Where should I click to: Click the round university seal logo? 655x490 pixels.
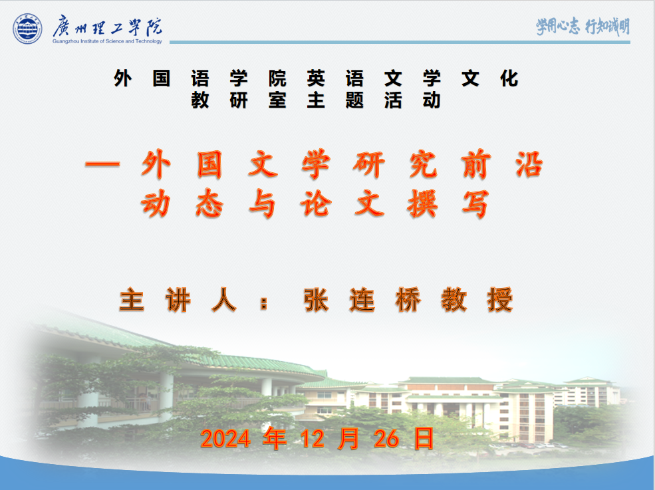click(x=27, y=29)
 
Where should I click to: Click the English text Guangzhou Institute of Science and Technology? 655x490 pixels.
click(x=107, y=41)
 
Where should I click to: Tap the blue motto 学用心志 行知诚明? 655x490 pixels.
click(x=583, y=27)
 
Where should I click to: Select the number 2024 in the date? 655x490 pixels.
click(x=225, y=439)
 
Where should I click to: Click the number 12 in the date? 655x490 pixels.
click(x=313, y=439)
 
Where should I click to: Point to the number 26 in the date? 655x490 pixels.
click(x=386, y=439)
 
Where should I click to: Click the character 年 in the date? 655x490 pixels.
click(x=275, y=439)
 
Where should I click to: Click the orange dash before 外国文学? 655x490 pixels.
click(x=103, y=164)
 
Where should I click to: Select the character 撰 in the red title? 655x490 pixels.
click(x=422, y=204)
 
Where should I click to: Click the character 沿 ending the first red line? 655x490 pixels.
click(x=529, y=164)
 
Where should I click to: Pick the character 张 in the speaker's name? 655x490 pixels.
click(x=317, y=300)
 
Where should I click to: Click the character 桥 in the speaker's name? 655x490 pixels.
click(x=408, y=300)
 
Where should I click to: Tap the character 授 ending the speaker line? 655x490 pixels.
click(x=500, y=300)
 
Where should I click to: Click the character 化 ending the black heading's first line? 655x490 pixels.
click(x=509, y=79)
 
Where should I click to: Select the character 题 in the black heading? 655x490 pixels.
click(x=354, y=100)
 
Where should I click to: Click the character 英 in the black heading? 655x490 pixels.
click(x=316, y=79)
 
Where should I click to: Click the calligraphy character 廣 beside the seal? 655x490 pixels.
click(x=62, y=27)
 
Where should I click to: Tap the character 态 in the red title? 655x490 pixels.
click(x=209, y=204)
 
